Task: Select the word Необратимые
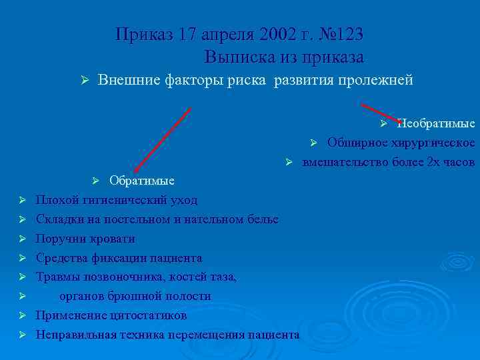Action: coord(436,123)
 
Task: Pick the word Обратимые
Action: coord(142,181)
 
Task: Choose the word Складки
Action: coord(59,219)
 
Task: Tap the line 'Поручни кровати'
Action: coord(85,239)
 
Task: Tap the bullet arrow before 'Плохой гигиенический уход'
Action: coord(22,200)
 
